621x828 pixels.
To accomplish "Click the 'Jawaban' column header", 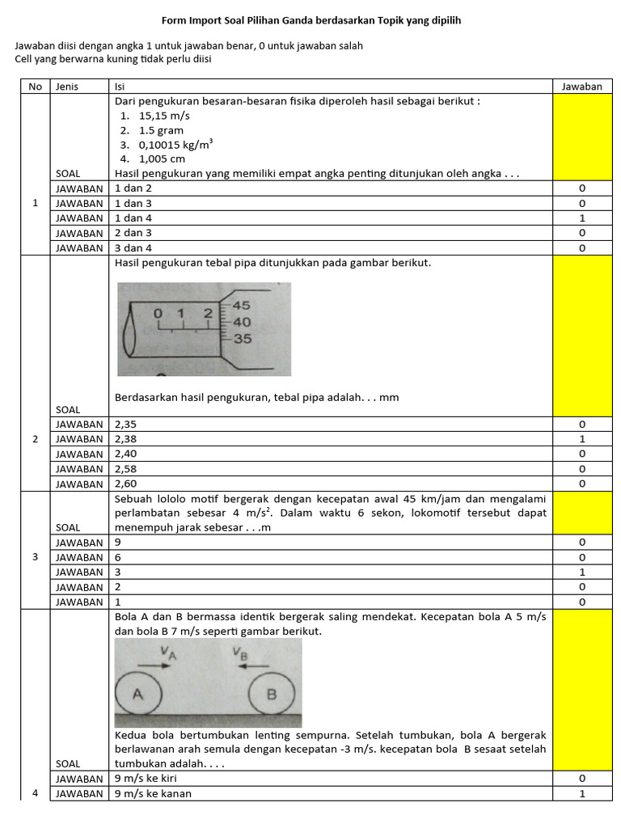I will pos(581,87).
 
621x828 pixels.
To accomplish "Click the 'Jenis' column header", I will pos(66,87).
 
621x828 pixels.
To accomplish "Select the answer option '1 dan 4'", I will pos(133,218).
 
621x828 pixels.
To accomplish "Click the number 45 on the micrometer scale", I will pos(242,306).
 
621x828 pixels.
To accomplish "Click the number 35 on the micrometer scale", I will pos(242,340).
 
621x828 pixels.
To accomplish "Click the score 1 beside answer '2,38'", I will pos(581,439).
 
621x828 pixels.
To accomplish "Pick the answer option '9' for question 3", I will pos(119,543).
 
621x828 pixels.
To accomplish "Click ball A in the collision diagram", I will pos(138,694).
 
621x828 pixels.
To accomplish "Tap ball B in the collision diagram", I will pos(271,694).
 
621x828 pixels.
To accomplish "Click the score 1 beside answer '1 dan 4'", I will pos(581,218).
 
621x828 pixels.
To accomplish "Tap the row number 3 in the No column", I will pos(35,557).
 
